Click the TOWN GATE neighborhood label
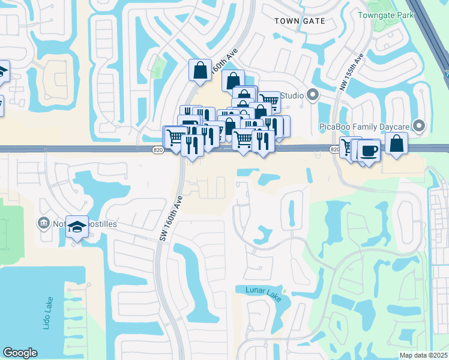[x=300, y=21]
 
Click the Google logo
[x=20, y=353]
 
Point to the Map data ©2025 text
[x=423, y=355]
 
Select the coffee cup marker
[x=368, y=150]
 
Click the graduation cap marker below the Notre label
[x=77, y=227]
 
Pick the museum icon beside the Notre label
[x=43, y=224]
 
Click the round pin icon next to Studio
[x=312, y=95]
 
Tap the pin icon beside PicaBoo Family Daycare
[x=420, y=126]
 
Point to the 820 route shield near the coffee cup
[x=335, y=149]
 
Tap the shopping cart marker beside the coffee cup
[x=348, y=147]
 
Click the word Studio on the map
[x=292, y=95]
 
